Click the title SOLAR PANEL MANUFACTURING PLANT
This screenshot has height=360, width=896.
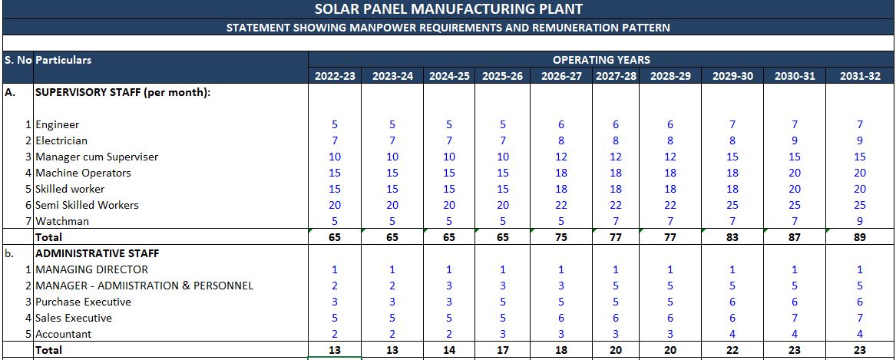click(x=448, y=9)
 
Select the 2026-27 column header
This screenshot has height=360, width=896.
click(x=561, y=76)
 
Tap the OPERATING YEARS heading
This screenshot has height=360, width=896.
click(x=601, y=59)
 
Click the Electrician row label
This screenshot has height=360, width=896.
click(x=61, y=140)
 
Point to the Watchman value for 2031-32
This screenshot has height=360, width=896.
click(x=860, y=221)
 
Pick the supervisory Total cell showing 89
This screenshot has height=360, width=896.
click(x=860, y=237)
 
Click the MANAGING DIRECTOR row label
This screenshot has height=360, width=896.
click(x=91, y=269)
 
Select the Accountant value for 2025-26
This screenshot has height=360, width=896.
click(x=503, y=334)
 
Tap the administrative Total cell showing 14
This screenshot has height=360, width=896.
click(x=449, y=350)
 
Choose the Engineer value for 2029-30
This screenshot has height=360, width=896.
click(x=732, y=124)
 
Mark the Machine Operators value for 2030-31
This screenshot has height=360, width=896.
click(x=795, y=173)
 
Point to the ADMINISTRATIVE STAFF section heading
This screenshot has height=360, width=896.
click(x=97, y=253)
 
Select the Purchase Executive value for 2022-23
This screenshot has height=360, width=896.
click(x=335, y=302)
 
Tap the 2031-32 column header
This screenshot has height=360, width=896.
click(x=860, y=76)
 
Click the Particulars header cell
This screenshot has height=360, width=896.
click(x=64, y=60)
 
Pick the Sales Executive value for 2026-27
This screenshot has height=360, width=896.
click(x=561, y=318)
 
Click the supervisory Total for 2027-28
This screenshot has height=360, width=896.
click(x=615, y=237)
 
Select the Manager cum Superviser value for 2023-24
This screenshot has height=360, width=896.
click(x=392, y=157)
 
